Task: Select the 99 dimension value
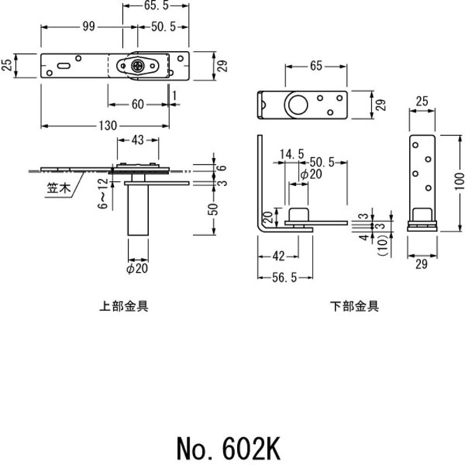(88, 27)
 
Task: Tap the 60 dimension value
(138, 105)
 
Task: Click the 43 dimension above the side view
(138, 140)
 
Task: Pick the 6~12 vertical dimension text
(103, 194)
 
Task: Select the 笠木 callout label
(58, 188)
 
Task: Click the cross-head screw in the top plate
(138, 66)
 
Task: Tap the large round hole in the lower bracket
(297, 105)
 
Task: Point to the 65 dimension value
(316, 66)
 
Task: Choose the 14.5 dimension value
(291, 154)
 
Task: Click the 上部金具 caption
(124, 306)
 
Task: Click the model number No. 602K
(230, 448)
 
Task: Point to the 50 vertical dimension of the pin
(214, 208)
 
